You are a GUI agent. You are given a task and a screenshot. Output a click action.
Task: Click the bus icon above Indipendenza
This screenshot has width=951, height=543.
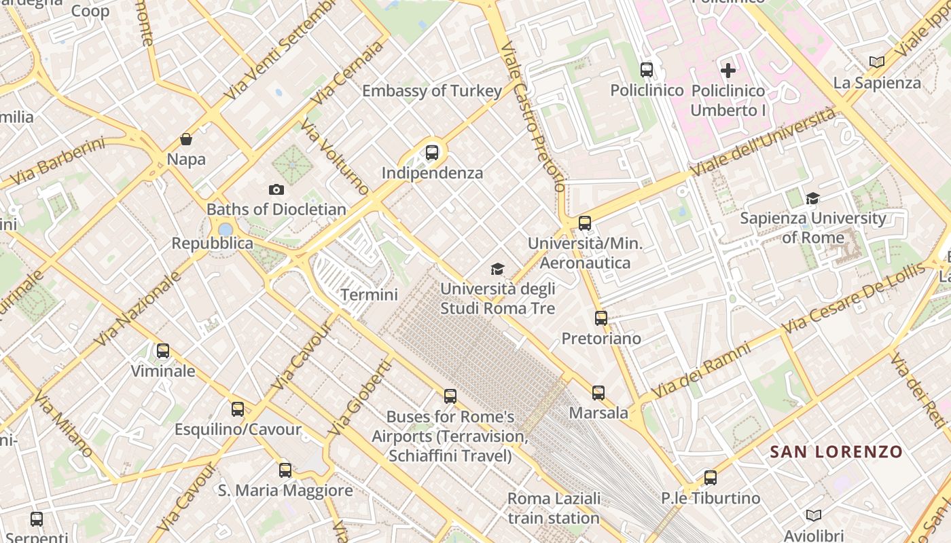(432, 153)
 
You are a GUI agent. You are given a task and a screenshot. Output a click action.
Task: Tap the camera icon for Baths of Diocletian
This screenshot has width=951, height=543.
(276, 189)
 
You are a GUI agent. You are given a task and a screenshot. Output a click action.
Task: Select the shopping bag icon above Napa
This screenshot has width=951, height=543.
(186, 140)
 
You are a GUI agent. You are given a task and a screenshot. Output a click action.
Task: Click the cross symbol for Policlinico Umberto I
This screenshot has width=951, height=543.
(728, 70)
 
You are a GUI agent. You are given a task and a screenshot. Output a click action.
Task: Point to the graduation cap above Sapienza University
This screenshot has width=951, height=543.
(812, 198)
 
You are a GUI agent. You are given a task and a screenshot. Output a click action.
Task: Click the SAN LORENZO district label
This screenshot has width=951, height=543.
(836, 452)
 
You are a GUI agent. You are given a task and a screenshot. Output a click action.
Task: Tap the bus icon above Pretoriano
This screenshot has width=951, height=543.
(600, 318)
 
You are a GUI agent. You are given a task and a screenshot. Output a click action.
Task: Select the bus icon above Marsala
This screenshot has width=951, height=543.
(598, 392)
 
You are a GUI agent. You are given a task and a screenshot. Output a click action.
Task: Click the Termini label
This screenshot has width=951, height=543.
(369, 295)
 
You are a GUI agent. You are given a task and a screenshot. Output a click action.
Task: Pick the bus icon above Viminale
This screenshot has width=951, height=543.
(163, 351)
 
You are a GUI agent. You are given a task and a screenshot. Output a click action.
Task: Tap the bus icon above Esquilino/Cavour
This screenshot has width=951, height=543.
(238, 409)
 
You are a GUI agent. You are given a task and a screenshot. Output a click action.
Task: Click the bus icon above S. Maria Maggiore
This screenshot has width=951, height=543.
(285, 470)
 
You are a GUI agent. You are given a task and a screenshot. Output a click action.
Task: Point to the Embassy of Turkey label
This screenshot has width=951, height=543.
(432, 91)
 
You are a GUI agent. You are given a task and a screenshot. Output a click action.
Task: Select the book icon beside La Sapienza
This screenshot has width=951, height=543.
(877, 62)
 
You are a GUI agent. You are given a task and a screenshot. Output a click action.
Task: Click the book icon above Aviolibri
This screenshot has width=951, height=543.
(813, 515)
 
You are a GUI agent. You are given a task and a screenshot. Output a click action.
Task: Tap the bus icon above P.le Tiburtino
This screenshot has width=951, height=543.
(711, 477)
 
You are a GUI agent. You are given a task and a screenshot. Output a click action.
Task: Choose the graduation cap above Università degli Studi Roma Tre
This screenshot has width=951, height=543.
(498, 269)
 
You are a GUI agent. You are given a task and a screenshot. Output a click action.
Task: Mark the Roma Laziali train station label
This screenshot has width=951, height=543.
(554, 508)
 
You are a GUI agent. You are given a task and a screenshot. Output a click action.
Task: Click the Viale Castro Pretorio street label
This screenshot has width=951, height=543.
(533, 115)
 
